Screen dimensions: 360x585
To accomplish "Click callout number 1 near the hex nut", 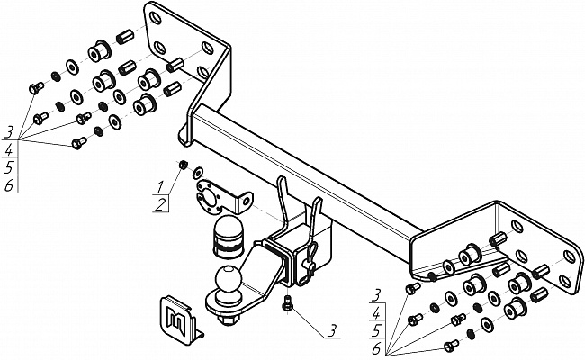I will pos(159,185).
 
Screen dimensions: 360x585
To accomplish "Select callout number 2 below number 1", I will pos(159,206).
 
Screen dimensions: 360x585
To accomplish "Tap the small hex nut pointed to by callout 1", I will pos(182,165).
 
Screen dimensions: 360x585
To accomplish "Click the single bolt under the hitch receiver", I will pos(286,302).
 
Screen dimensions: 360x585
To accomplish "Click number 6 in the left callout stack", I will pos(9,186).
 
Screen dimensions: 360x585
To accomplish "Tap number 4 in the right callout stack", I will pos(373,311).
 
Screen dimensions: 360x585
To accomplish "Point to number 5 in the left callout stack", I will pos(9,167).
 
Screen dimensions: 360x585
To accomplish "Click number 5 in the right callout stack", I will pos(373,330).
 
